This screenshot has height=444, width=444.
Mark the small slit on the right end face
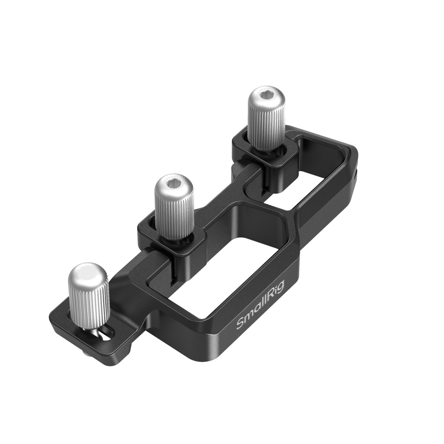[x=356, y=175]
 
